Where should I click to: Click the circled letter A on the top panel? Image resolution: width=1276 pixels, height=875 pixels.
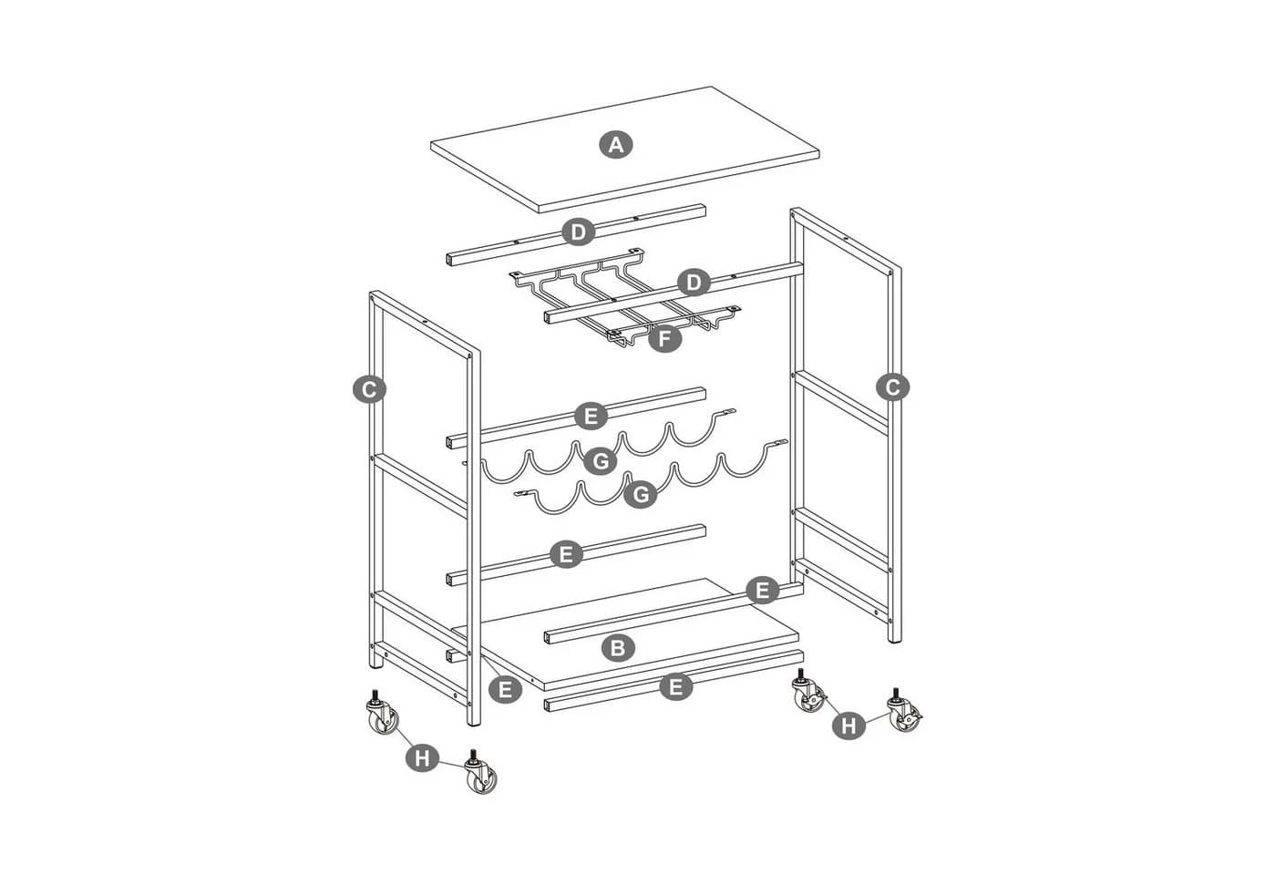point(616,145)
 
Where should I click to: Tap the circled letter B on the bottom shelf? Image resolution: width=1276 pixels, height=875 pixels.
point(618,648)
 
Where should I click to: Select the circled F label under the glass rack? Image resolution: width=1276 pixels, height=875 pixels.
point(664,339)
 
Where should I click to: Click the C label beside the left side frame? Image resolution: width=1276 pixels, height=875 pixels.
point(370,390)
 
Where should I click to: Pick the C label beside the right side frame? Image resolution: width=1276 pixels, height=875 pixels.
point(892,388)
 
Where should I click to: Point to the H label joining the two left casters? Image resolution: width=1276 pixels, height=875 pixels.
point(422,758)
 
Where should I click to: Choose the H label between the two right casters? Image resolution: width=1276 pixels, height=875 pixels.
point(849,726)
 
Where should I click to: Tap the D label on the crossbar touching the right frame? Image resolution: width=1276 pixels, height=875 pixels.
point(694,283)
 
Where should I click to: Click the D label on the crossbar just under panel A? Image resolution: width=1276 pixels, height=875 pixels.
point(578,232)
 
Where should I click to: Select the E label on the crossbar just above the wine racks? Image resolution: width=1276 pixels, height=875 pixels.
point(591,417)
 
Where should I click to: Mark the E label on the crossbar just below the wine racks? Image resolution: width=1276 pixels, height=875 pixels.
point(566,554)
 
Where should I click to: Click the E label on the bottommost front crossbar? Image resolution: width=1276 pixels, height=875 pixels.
point(676,686)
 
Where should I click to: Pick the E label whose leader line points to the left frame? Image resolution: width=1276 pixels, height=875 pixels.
point(505,690)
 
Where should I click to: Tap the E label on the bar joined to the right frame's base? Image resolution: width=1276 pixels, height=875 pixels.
point(762,591)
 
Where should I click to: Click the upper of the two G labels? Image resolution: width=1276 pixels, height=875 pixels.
point(601,461)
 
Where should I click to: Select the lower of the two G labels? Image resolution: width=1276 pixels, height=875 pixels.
point(640,494)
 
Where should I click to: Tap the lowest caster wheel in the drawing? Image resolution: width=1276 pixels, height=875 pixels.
point(481,773)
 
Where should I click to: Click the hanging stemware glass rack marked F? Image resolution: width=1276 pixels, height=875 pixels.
point(624,297)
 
